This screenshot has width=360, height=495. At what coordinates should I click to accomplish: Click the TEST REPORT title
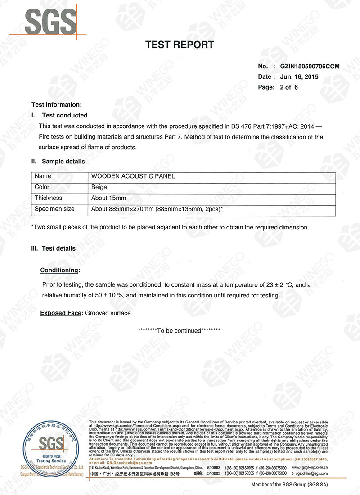(180, 45)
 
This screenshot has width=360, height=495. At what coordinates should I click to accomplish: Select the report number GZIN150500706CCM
(310, 67)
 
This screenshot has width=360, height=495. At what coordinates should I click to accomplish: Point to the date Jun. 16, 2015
(299, 77)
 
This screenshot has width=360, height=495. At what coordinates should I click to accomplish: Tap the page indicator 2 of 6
(288, 87)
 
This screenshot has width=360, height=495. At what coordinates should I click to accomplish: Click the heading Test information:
(57, 104)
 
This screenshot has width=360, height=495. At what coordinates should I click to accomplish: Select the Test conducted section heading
(64, 115)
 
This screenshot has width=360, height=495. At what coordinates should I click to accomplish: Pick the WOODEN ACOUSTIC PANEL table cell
(133, 176)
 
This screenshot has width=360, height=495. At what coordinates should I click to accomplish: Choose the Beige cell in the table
(99, 187)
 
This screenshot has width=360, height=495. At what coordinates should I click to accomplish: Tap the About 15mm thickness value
(108, 198)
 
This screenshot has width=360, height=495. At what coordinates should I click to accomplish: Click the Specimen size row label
(54, 209)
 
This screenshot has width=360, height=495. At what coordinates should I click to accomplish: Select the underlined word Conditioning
(60, 270)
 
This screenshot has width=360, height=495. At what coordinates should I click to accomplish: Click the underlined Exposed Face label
(61, 313)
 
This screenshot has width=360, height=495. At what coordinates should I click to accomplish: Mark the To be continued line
(179, 331)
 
